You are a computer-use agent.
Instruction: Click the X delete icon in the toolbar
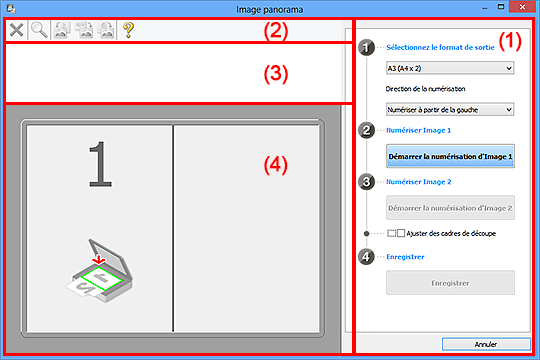point(16,30)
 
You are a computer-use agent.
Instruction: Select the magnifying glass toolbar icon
point(39,30)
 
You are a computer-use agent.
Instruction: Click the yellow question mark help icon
point(128,30)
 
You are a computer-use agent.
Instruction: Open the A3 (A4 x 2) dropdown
point(450,68)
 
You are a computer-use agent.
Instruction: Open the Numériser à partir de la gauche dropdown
point(450,110)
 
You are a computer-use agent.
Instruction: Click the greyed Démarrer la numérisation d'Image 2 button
point(450,208)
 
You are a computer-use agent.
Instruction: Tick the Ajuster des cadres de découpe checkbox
point(401,233)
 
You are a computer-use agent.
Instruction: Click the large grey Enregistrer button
point(450,283)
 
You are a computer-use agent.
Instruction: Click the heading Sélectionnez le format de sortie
point(440,48)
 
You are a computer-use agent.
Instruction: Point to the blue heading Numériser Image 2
point(418,182)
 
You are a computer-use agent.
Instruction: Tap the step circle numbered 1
point(366,47)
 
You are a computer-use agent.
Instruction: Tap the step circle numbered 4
point(366,257)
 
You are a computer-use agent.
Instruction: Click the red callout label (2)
point(276,31)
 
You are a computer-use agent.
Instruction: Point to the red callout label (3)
point(276,74)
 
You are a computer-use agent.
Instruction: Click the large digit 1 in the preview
point(100,164)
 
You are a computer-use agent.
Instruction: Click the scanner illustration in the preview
point(99,270)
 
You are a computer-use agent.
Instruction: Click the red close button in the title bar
point(522,7)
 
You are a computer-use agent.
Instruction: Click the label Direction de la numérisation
point(425,89)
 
